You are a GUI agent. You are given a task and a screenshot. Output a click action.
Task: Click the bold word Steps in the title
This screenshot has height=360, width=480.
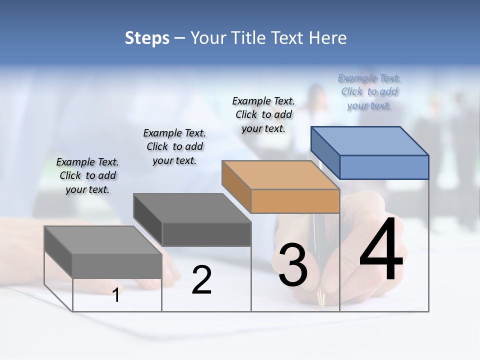[x=147, y=38]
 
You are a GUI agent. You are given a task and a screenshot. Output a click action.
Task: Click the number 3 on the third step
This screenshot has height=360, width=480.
[x=292, y=264]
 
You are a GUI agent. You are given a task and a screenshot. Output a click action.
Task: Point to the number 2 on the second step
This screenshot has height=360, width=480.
[x=201, y=280]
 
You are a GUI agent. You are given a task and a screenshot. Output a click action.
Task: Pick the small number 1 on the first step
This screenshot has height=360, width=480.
[x=116, y=295]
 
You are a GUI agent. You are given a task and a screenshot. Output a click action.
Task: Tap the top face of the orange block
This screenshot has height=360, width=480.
[x=280, y=175]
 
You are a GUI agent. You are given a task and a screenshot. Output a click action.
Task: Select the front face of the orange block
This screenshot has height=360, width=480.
[x=295, y=201]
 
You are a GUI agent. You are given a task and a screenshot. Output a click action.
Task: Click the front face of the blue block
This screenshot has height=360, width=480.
[x=384, y=167]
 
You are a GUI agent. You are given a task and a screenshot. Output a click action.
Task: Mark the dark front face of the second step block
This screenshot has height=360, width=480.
[x=206, y=234]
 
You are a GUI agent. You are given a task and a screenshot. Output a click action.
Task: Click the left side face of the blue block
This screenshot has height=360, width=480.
[x=325, y=150]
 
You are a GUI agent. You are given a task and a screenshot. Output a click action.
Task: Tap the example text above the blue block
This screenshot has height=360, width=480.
[x=369, y=92]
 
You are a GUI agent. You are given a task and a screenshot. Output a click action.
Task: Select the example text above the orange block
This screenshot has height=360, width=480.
[x=263, y=114]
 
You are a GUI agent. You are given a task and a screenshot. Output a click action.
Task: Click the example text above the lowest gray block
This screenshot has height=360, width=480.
[x=87, y=175]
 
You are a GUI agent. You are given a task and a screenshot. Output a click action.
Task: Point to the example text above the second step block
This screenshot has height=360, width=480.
[x=174, y=146]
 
